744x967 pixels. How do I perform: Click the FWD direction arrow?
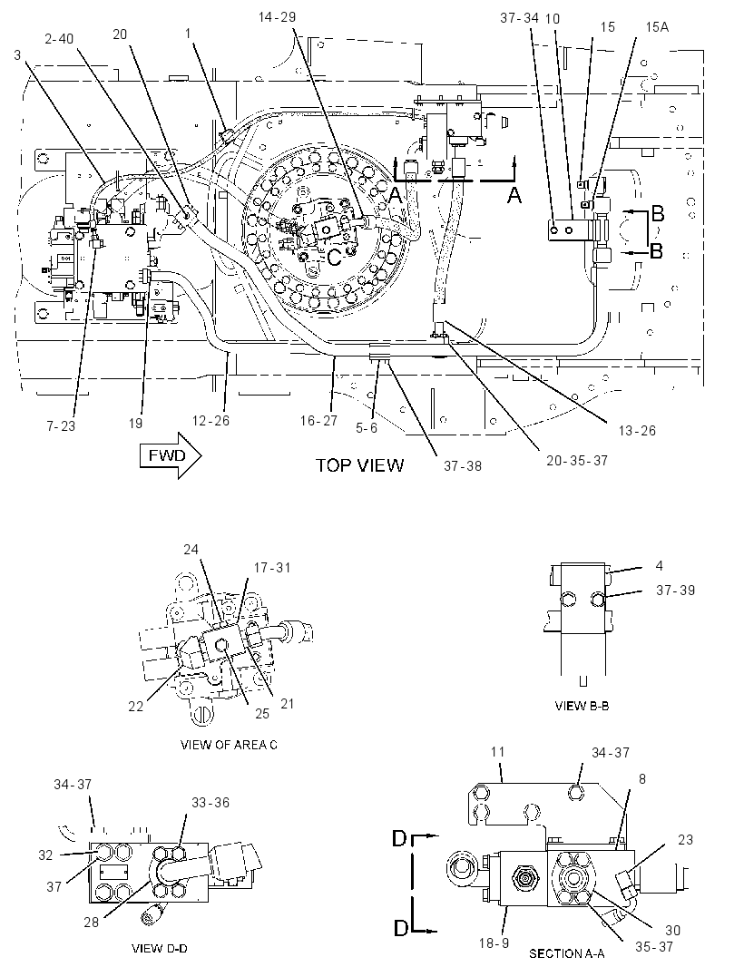(171, 455)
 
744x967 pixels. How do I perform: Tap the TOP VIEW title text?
(359, 465)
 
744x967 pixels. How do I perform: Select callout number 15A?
(657, 26)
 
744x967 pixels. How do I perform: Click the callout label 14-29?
(277, 16)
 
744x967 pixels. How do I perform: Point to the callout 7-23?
(61, 425)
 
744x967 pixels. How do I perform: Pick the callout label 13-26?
(637, 431)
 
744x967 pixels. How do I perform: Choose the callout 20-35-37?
(577, 460)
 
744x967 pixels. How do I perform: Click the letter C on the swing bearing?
(334, 257)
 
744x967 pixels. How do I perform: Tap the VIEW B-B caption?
(582, 706)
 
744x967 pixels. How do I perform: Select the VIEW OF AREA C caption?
(229, 745)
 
